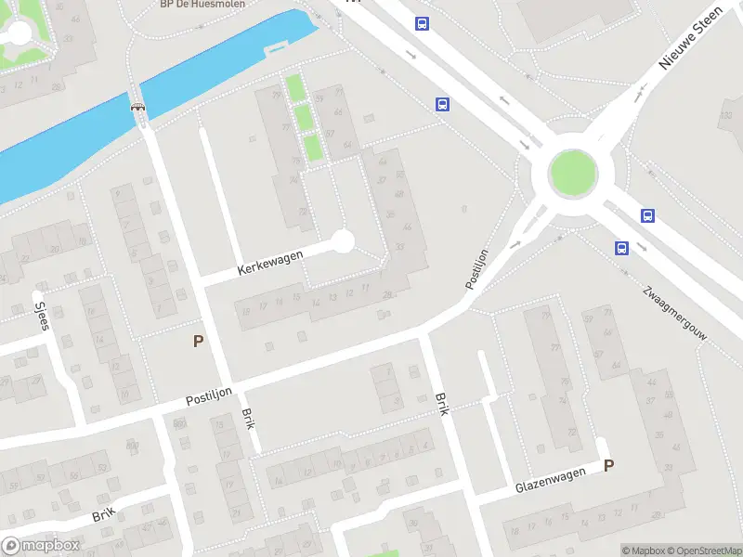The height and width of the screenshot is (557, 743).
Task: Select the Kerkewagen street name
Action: pyautogui.click(x=271, y=261)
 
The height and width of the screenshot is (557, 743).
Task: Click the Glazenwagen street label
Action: pyautogui.click(x=551, y=480)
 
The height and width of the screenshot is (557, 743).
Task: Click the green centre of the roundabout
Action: pyautogui.click(x=573, y=174)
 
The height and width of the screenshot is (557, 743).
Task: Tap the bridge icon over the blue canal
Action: pyautogui.click(x=139, y=106)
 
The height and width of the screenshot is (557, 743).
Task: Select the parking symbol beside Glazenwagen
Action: pyautogui.click(x=608, y=466)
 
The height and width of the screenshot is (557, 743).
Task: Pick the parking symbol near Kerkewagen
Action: pyautogui.click(x=198, y=342)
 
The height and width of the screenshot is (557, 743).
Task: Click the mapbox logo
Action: pyautogui.click(x=41, y=546)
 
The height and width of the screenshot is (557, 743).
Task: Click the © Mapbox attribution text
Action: pyautogui.click(x=641, y=551)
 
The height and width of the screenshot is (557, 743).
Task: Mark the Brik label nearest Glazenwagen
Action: pyautogui.click(x=443, y=403)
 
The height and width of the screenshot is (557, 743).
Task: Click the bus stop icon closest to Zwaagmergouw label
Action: pyautogui.click(x=620, y=248)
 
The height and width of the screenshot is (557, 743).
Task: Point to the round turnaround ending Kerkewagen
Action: pyautogui.click(x=344, y=241)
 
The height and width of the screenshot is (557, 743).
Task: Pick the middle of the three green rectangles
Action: pyautogui.click(x=303, y=118)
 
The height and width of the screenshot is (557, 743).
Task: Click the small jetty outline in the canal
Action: pyautogui.click(x=277, y=46)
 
